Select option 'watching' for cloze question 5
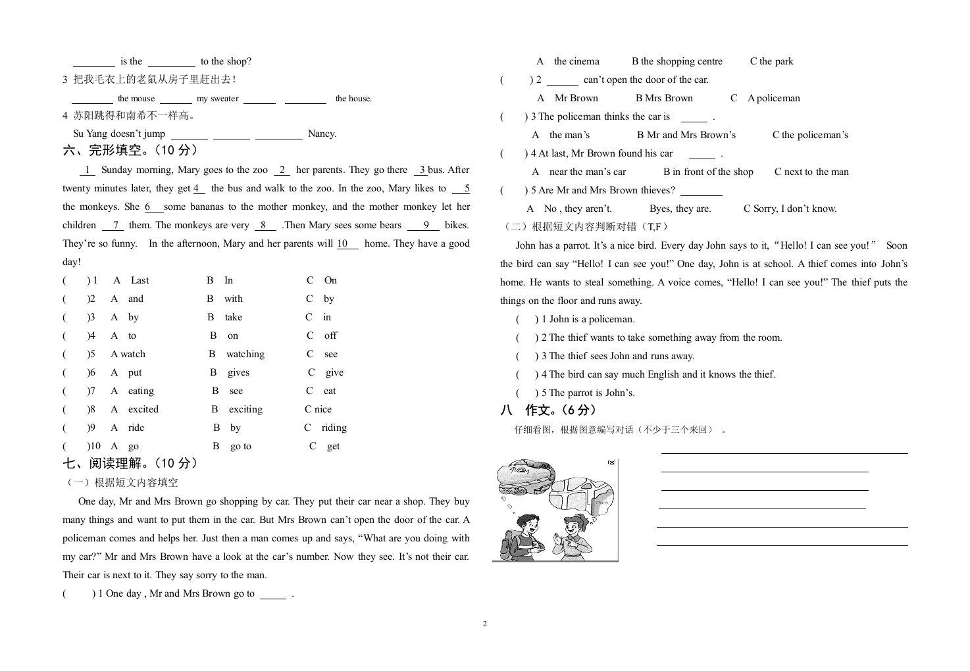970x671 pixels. click(245, 354)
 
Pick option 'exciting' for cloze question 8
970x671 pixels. click(245, 409)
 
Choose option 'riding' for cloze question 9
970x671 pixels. click(334, 428)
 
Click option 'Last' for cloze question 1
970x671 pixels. click(140, 280)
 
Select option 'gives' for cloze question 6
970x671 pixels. click(238, 372)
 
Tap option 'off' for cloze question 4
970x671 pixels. click(330, 335)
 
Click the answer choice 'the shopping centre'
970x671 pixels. click(681, 61)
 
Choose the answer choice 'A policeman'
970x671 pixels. click(773, 98)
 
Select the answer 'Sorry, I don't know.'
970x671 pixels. click(795, 209)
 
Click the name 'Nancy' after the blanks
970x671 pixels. click(322, 134)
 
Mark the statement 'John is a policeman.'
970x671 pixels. click(592, 319)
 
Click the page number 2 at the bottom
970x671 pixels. click(485, 624)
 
